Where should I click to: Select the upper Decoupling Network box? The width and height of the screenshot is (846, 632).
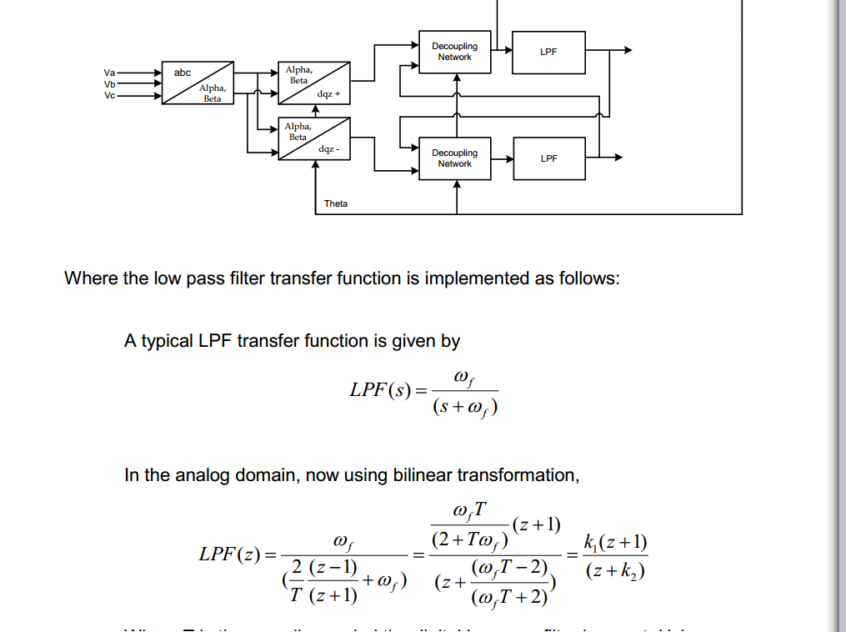coord(454,52)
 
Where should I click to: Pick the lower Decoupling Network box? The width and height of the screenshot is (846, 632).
coord(454,158)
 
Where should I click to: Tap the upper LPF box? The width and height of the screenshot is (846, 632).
coord(548,52)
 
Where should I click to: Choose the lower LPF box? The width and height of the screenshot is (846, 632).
coord(548,158)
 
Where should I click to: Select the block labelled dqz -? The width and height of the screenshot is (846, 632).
coord(313,138)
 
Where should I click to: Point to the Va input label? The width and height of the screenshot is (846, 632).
coord(110,73)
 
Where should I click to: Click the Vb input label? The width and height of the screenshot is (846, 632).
coord(110,83)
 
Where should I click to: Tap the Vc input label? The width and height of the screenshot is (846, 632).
coord(110,94)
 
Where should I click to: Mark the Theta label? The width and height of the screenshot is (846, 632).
coord(336,203)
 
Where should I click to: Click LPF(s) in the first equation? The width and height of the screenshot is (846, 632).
coord(380,389)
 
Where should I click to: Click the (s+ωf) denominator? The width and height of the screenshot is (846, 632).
coord(465,409)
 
